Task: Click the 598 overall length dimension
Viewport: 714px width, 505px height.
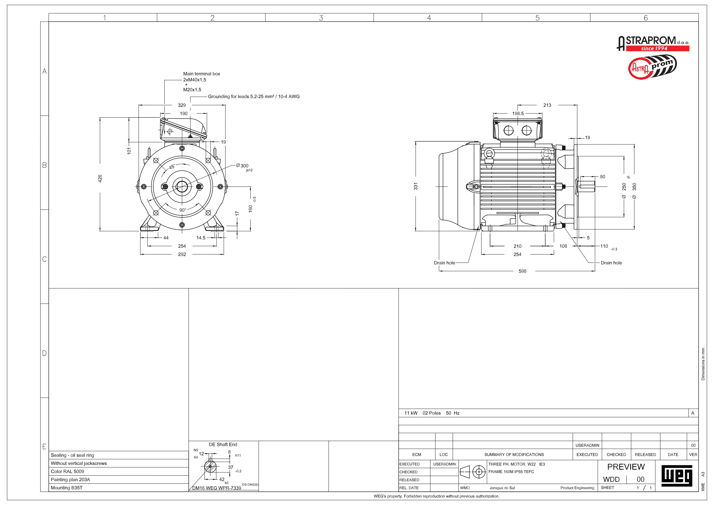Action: click(522, 271)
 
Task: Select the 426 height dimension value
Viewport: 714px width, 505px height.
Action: click(100, 178)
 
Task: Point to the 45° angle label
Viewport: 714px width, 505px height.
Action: click(172, 167)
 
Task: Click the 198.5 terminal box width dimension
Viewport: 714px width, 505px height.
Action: click(518, 114)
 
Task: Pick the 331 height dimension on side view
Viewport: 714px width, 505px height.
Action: click(416, 186)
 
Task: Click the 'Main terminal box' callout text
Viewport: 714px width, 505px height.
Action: click(201, 74)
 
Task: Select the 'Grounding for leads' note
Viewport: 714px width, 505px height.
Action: click(253, 96)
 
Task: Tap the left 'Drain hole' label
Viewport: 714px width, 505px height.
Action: click(444, 263)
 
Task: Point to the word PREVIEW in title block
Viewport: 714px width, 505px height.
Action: click(626, 467)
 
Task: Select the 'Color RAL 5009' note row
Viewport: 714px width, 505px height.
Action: click(68, 471)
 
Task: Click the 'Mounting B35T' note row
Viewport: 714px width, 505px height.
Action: click(66, 487)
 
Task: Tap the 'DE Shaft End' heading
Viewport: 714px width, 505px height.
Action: click(223, 445)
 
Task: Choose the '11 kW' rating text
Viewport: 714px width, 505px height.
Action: click(411, 413)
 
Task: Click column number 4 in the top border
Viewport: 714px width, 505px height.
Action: click(429, 18)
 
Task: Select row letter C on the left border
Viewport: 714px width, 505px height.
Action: click(45, 259)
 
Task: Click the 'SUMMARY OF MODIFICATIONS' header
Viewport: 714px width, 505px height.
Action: click(514, 455)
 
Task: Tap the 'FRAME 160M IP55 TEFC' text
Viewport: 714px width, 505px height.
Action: click(511, 472)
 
